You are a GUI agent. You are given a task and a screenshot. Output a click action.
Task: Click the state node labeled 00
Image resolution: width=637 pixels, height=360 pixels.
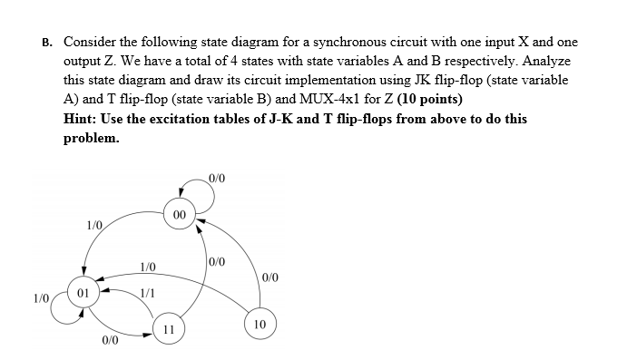(x=179, y=215)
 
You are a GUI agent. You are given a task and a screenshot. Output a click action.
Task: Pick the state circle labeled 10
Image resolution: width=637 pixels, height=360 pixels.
(x=259, y=323)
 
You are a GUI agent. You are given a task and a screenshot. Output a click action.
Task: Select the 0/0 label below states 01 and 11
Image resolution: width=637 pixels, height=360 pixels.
(x=110, y=342)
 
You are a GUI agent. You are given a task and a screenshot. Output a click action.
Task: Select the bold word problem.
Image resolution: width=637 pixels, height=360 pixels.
(x=91, y=139)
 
